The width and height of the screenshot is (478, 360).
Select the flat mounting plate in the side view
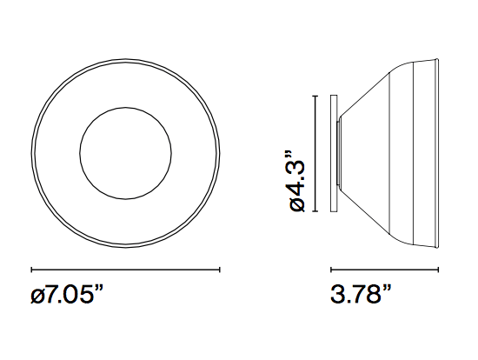[x=334, y=151]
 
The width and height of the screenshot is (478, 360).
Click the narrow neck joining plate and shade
[x=340, y=151]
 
